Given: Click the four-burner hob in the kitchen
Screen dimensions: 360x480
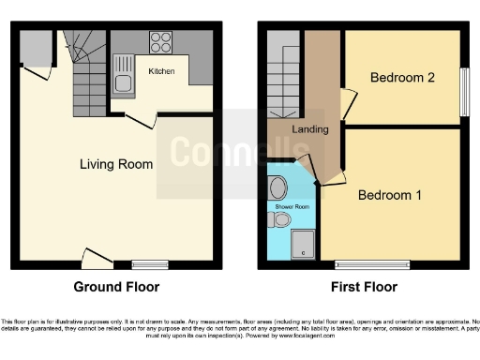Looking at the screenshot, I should point(160,42).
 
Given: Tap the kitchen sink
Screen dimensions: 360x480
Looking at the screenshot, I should point(123,75).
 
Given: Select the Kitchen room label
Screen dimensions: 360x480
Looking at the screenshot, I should point(162,69).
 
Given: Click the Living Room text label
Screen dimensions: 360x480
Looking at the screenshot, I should point(115,164).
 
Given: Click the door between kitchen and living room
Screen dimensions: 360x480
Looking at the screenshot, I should point(141,119).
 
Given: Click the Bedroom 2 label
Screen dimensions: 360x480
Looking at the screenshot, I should point(401,78).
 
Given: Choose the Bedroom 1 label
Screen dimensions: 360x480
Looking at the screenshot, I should point(389,195).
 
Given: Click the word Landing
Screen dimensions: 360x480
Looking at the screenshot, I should point(310,129).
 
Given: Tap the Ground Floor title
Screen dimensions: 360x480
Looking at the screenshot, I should point(116,287).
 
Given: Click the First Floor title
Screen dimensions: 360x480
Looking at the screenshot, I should point(365,287).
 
